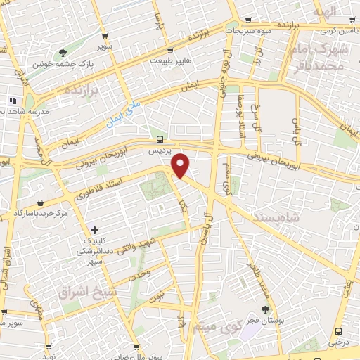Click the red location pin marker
click(x=181, y=165)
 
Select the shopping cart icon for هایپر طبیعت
click(x=169, y=50)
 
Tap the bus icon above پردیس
click(x=160, y=139)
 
